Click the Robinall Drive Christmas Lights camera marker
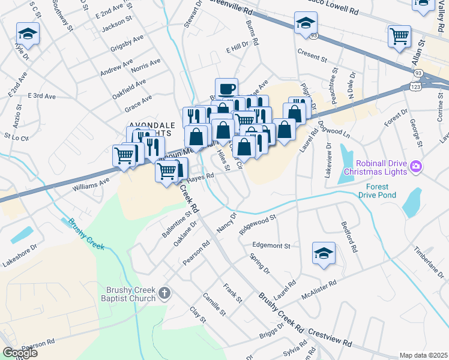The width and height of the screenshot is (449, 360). coord(415,166)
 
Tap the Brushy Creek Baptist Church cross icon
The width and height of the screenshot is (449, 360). coord(165,293)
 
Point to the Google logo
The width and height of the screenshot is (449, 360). coord(20,353)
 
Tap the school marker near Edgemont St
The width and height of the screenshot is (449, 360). coord(324,254)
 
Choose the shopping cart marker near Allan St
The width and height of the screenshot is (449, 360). coord(399,37)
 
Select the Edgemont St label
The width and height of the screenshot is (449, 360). coord(271,246)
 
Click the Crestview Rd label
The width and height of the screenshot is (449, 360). coord(330,338)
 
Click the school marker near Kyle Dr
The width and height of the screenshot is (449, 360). coord(28,34)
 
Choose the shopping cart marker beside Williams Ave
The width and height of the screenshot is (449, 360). coord(124,155)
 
